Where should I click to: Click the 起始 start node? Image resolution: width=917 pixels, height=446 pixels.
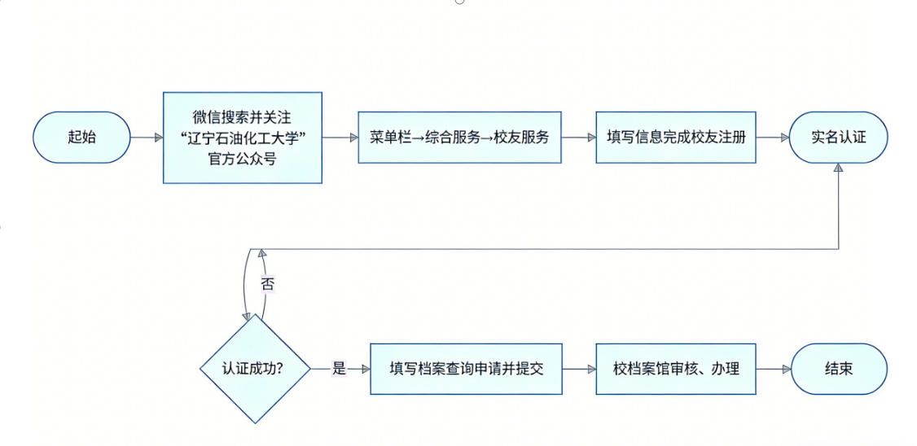[81, 138]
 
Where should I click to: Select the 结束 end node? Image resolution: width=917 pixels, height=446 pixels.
[838, 369]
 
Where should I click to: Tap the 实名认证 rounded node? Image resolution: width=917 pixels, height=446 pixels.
[838, 137]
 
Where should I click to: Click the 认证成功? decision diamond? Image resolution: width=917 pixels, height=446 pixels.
[254, 368]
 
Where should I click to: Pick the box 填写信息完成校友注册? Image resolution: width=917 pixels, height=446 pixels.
[675, 137]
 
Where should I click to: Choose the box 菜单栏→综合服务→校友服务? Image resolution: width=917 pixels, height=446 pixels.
[459, 137]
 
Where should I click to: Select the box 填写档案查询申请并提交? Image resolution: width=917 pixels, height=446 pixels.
[466, 369]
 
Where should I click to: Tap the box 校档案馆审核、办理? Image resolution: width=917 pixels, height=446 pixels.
[675, 369]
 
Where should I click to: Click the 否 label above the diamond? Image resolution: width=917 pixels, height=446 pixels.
[267, 284]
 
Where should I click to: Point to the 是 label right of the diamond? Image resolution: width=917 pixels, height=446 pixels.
[340, 369]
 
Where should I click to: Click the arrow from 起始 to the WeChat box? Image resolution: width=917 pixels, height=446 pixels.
[147, 138]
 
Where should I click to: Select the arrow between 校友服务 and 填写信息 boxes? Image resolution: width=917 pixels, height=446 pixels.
[578, 138]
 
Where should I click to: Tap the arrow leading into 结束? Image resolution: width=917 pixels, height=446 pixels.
[773, 369]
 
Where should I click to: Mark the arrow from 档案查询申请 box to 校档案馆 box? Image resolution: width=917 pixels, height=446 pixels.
[578, 369]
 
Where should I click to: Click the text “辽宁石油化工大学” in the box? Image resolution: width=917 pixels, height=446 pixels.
[242, 138]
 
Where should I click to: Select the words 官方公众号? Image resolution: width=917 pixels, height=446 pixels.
[242, 158]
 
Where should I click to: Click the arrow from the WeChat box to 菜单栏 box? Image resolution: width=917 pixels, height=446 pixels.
[340, 138]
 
